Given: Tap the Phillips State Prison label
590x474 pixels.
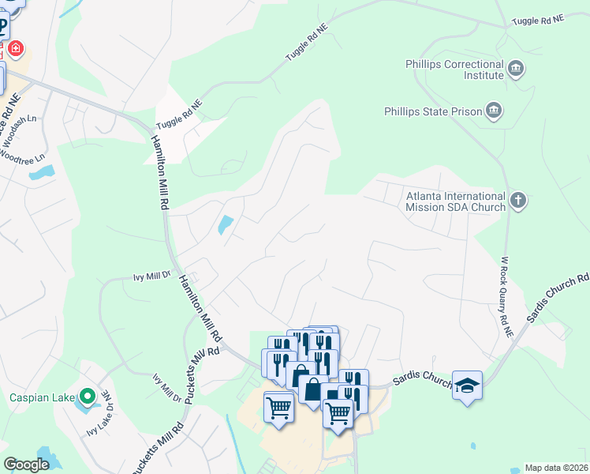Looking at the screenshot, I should point(432,111).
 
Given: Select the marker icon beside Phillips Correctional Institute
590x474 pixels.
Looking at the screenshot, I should point(516,69).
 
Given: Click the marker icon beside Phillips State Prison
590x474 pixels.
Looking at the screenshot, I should point(494,110).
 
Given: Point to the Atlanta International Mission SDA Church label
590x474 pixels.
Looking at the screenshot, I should point(455,201).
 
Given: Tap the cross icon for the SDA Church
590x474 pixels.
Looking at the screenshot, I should point(518,200).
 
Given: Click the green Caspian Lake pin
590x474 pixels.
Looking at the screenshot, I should point(88,395).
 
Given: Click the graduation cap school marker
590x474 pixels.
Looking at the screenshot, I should point(467,386).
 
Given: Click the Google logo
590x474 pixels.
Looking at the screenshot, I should point(27,465).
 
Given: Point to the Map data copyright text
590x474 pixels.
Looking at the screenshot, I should point(555,468).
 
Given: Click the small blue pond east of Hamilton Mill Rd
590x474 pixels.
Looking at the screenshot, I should point(225,225).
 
